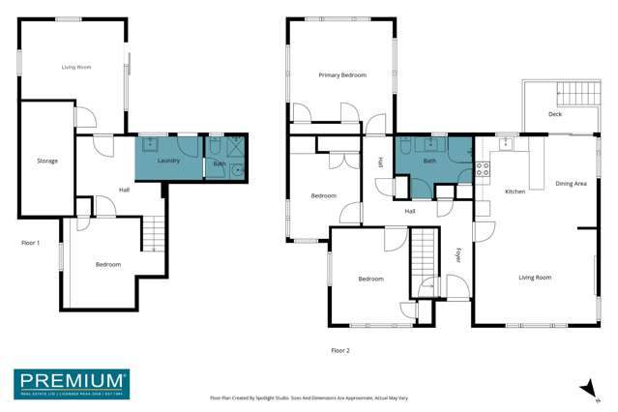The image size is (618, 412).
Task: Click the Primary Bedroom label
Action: tap(342, 74)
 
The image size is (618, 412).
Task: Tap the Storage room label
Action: tap(47, 161)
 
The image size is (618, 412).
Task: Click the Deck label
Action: tap(554, 115)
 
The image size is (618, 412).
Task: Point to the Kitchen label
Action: tap(515, 191)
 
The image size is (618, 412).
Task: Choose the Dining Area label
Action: tap(571, 183)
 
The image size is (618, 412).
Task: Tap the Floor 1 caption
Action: tap(32, 243)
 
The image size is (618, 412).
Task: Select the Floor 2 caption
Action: tap(340, 350)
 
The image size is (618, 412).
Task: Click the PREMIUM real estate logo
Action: tap(71, 384)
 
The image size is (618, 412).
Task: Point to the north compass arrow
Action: tap(584, 387)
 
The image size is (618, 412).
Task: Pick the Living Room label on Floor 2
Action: tap(534, 278)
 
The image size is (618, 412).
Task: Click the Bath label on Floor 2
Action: tap(429, 162)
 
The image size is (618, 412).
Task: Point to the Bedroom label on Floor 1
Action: tap(108, 264)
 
